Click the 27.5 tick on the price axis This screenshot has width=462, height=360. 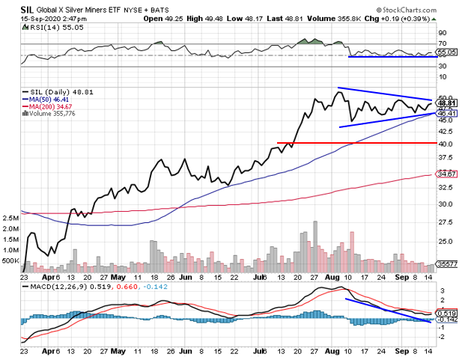coord(445,222)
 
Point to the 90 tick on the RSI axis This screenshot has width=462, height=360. coord(442,33)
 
